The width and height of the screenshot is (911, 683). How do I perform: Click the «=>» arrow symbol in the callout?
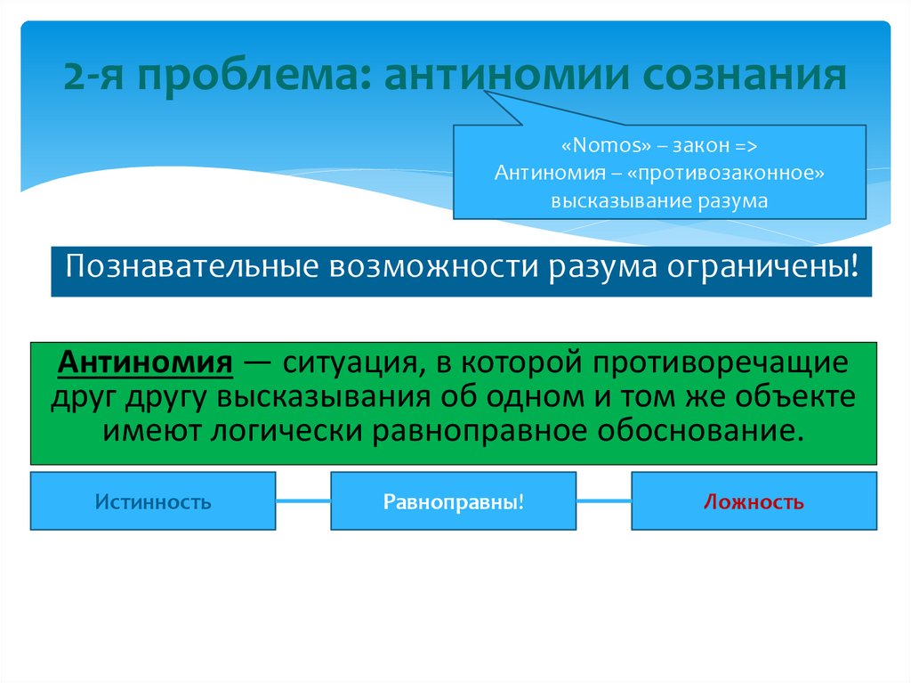[x=746, y=145]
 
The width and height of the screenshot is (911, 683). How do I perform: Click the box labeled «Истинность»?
[x=153, y=501]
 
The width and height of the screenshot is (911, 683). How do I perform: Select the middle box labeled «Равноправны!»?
[x=453, y=501]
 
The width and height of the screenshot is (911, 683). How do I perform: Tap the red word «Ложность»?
[x=754, y=501]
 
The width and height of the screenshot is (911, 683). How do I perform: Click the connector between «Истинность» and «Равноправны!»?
[x=302, y=501]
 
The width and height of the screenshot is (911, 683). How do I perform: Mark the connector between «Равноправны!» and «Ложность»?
[x=603, y=501]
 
